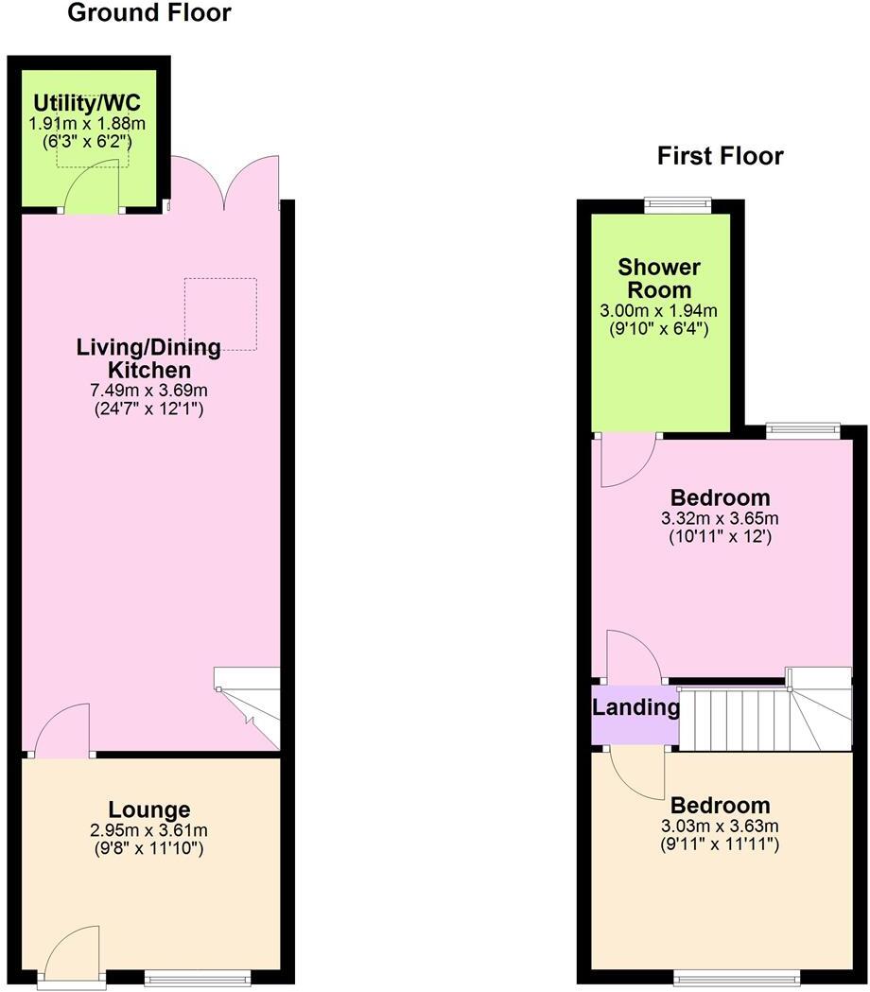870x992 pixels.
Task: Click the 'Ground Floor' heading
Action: point(149,13)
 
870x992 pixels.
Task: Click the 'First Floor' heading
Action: point(721,156)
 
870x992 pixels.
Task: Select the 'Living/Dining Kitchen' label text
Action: point(148,358)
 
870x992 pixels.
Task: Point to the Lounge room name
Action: point(148,809)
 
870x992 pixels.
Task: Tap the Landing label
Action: point(635,707)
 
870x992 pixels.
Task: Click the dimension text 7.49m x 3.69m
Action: point(148,390)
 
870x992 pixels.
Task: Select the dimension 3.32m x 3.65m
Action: point(720,518)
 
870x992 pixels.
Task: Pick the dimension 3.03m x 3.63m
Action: point(720,827)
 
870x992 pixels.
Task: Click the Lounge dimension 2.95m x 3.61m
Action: point(148,830)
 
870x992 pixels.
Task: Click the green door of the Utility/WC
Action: point(95,185)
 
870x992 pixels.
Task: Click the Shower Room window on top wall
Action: point(677,201)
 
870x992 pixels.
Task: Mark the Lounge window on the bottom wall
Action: point(197,977)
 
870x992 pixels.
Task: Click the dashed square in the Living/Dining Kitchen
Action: point(220,312)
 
